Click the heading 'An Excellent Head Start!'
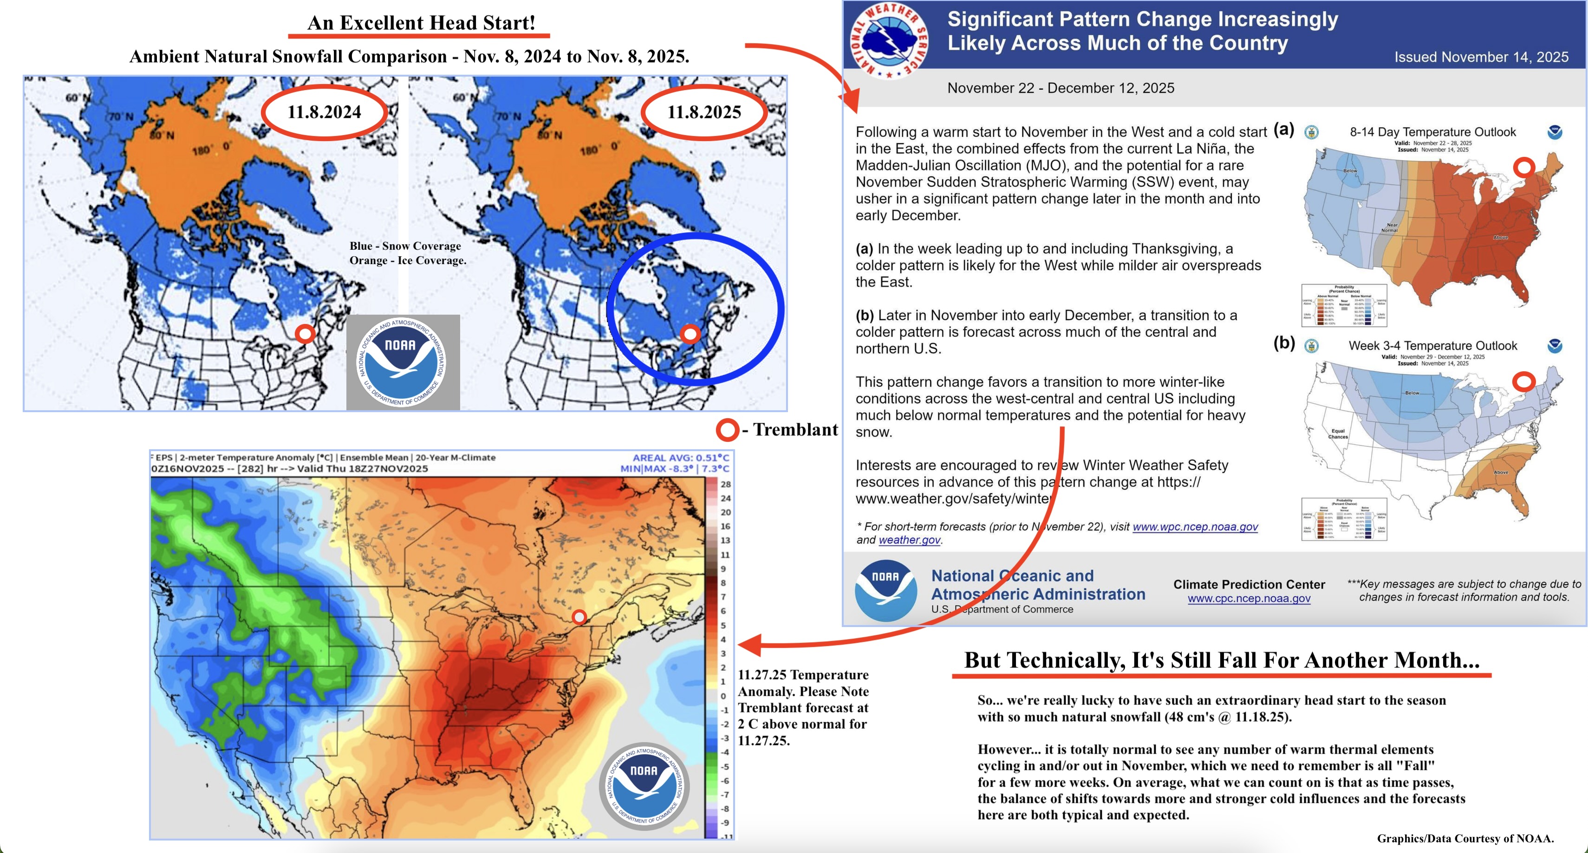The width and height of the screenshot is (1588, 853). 421,23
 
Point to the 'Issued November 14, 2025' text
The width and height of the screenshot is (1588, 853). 1481,58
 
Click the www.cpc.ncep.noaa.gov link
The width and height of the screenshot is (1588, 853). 1249,599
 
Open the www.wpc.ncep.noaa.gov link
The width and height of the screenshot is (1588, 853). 1195,527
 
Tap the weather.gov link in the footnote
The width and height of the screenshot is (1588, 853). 909,540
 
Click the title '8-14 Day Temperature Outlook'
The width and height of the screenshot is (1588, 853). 1432,132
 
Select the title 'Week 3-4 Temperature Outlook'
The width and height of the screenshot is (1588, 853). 1432,346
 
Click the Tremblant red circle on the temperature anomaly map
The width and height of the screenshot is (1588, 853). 579,616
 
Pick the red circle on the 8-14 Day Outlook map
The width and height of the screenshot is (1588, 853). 1524,167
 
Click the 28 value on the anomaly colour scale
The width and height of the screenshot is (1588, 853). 726,485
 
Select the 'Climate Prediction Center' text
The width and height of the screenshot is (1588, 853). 1249,584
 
